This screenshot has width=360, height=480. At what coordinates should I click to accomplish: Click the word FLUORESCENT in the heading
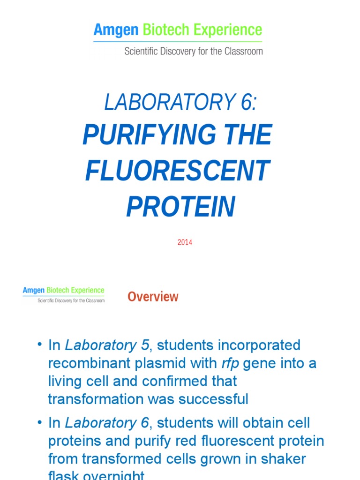[177, 171]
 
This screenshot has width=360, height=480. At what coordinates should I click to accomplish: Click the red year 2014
[185, 242]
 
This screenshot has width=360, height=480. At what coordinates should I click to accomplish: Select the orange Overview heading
[153, 297]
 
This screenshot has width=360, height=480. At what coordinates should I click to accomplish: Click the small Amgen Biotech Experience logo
[64, 295]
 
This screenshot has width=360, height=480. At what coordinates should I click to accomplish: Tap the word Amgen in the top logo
[116, 30]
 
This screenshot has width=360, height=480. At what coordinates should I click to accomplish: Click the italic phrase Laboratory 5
[107, 345]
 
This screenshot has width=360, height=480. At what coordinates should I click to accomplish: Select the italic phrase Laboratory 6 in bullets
[107, 423]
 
